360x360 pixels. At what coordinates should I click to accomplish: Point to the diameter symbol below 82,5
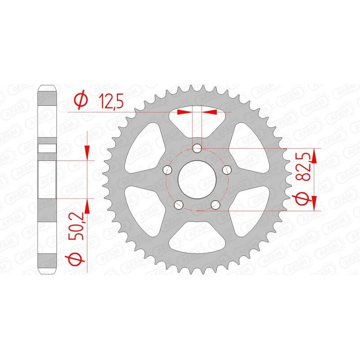click(302, 198)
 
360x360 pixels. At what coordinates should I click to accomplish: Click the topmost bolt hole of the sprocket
click(197, 148)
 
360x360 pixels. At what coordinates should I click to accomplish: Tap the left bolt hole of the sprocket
click(167, 170)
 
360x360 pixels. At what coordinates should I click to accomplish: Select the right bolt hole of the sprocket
click(227, 170)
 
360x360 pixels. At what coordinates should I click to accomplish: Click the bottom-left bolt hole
click(179, 205)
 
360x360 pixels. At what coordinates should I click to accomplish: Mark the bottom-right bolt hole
click(216, 205)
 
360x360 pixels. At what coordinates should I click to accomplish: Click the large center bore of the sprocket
click(197, 179)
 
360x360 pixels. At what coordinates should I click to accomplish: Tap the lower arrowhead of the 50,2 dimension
click(88, 204)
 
